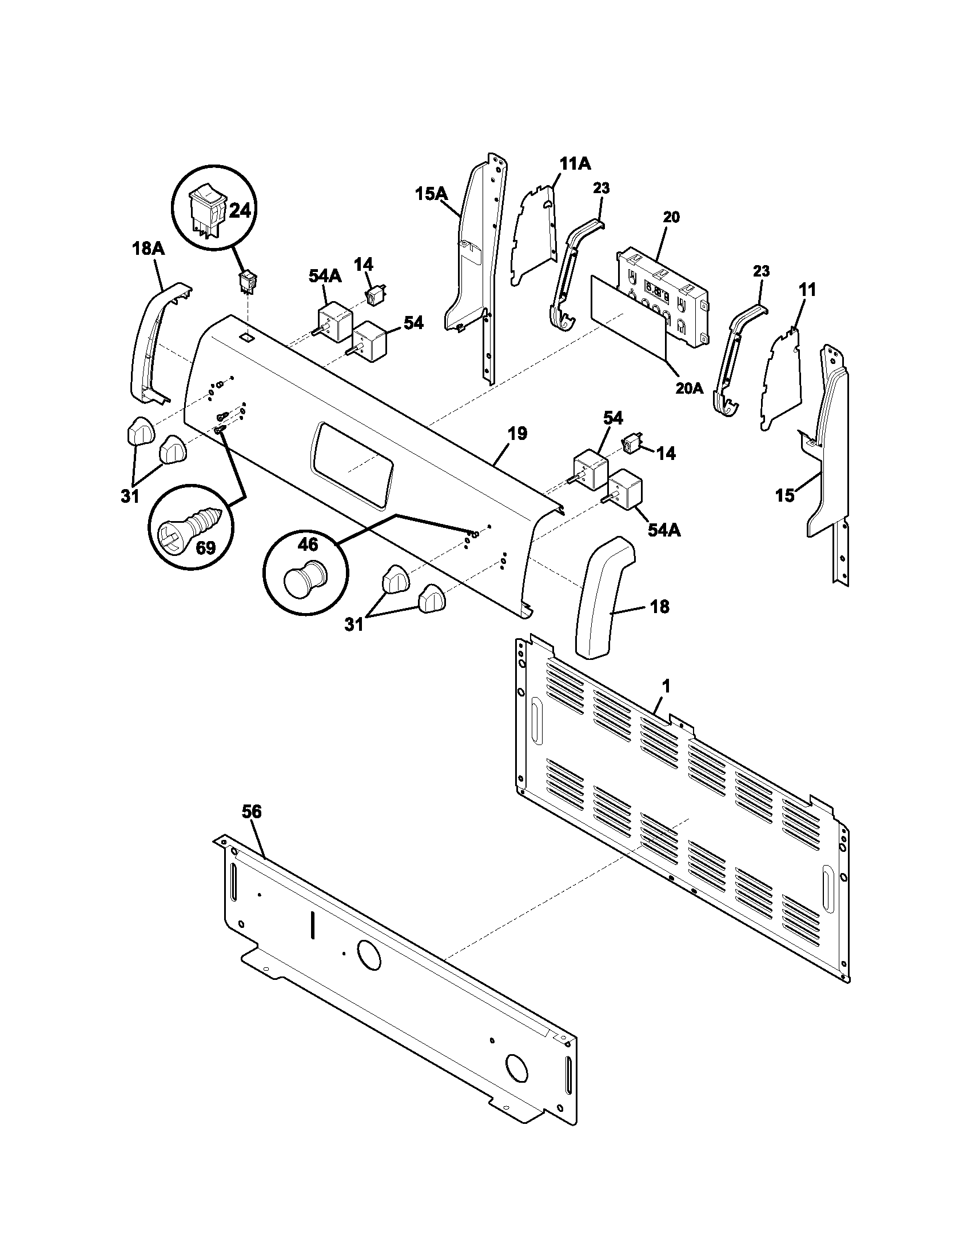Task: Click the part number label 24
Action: (240, 211)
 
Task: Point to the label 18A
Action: (148, 249)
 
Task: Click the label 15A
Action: (431, 194)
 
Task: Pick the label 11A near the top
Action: (575, 164)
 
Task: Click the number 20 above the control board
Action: (671, 217)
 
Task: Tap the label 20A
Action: (690, 389)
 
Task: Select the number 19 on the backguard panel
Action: (516, 434)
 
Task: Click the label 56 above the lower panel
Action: (252, 812)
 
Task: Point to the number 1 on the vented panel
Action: (666, 686)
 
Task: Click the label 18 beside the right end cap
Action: (660, 606)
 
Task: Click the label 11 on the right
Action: (807, 290)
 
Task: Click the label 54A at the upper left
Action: (325, 277)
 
